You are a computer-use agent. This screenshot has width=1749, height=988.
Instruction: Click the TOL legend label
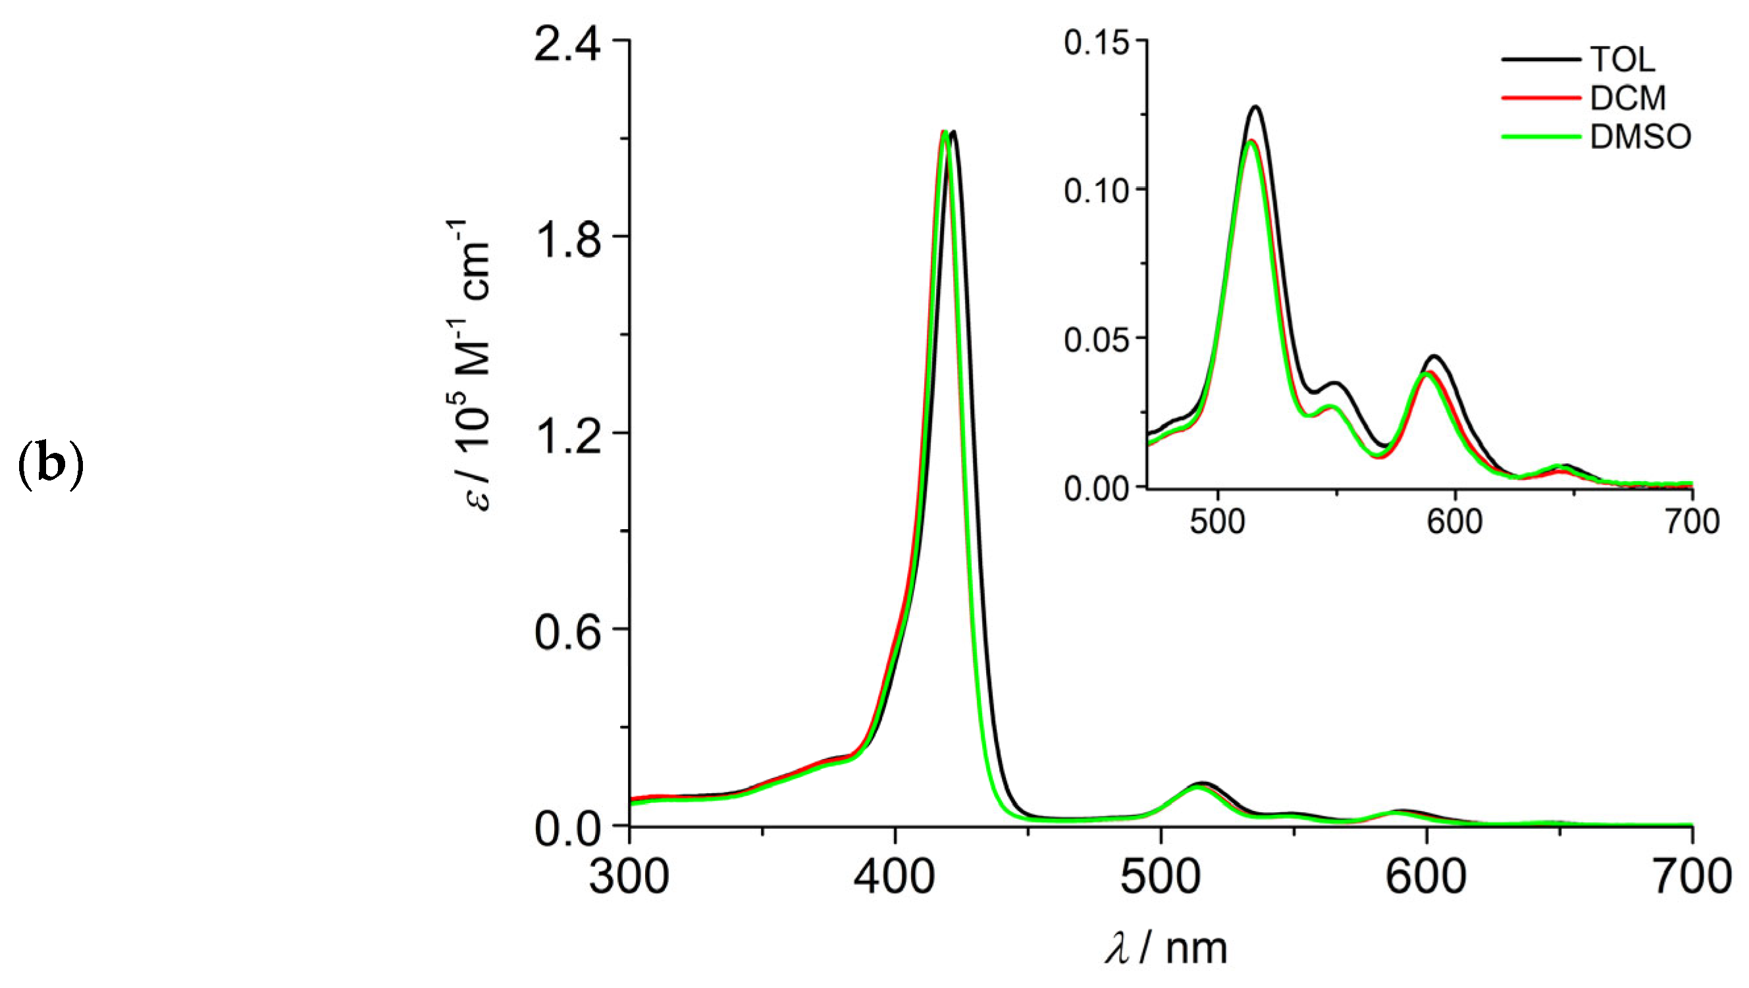click(x=1622, y=61)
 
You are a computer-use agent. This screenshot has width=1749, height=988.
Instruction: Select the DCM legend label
click(x=1627, y=99)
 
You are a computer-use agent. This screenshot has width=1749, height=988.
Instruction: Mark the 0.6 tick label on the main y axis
click(x=568, y=632)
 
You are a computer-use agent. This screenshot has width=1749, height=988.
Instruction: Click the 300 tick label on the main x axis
click(x=629, y=877)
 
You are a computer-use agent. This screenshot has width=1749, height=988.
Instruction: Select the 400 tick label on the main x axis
click(x=895, y=877)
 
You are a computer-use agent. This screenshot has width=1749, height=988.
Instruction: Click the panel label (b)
click(x=49, y=468)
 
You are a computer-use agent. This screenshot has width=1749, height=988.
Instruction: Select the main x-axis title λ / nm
click(x=1166, y=948)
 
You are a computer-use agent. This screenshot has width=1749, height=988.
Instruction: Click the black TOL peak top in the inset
click(x=1255, y=107)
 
